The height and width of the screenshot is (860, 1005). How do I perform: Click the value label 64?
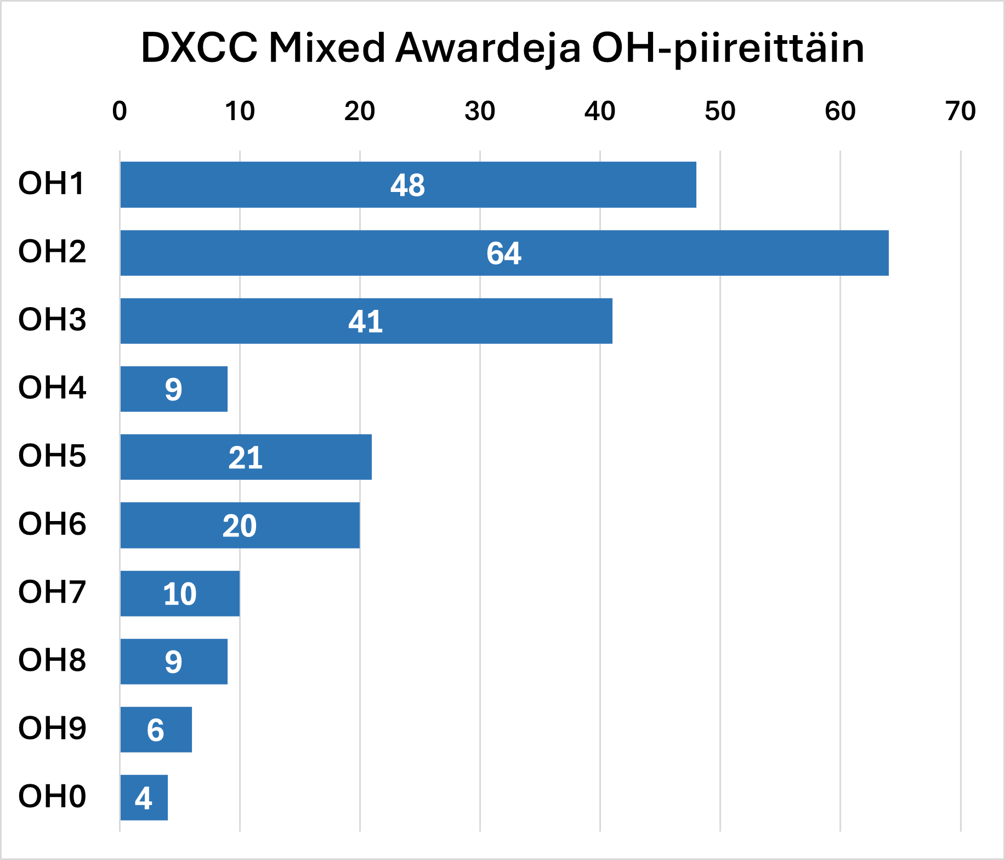504,253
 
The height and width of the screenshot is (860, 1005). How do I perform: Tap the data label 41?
366,321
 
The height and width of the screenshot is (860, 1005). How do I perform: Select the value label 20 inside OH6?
240,525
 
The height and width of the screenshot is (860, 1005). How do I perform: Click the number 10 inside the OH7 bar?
180,593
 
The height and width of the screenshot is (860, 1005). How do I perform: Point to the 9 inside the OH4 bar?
173,389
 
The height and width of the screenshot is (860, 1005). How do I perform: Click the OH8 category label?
52,660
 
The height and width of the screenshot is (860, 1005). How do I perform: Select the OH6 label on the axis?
52,524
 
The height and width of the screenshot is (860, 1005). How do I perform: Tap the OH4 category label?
52,388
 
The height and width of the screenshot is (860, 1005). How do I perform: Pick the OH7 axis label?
52,592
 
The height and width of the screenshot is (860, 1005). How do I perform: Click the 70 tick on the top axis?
961,111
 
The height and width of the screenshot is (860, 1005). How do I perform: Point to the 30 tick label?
480,111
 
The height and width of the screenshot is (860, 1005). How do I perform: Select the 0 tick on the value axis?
120,111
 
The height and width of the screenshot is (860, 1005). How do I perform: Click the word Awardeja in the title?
487,48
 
